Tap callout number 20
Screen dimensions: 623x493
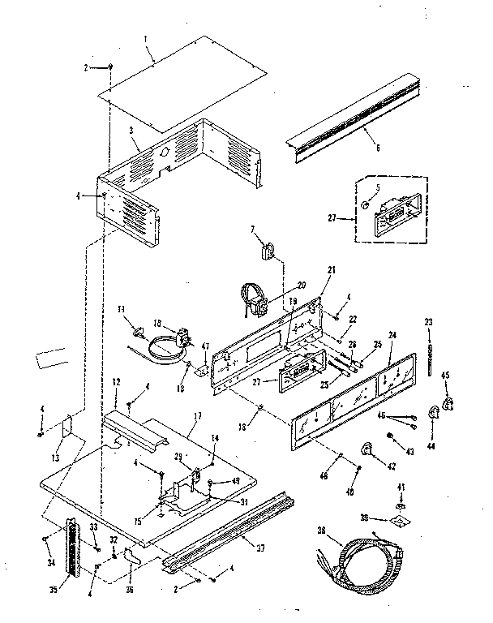pyautogui.click(x=301, y=285)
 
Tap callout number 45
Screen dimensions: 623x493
pyautogui.click(x=445, y=375)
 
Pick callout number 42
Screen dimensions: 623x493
pyautogui.click(x=371, y=466)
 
